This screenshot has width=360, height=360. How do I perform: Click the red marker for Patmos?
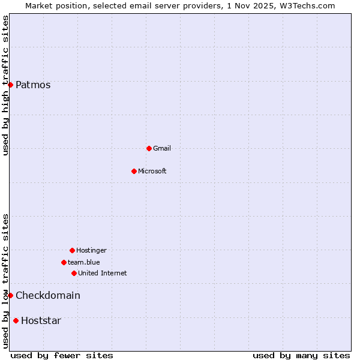point(10,85)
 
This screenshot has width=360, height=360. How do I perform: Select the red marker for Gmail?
point(149,148)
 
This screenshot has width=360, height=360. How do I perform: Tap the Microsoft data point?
point(134,171)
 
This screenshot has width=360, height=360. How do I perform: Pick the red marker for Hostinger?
point(72,250)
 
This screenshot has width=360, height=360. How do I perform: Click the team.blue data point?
point(64,262)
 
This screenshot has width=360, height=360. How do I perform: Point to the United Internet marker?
point(74,273)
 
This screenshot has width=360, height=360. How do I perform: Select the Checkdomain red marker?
point(10,295)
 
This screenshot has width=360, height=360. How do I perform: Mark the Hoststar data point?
point(16,320)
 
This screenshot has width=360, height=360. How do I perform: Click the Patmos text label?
point(33,85)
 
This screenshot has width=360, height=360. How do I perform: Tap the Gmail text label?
point(162,148)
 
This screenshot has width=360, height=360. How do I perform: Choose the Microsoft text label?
point(152,171)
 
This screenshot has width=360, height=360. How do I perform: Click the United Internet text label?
point(103,273)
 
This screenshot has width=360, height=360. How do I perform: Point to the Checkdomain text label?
point(48,295)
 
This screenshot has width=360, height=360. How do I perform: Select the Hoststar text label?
point(41,320)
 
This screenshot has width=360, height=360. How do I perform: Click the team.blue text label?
point(84,262)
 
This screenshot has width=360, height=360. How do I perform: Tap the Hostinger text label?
point(91,250)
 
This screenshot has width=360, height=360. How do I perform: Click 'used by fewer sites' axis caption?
point(62,355)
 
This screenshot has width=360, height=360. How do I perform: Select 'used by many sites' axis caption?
point(301,355)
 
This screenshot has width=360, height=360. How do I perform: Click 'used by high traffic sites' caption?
point(5,85)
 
